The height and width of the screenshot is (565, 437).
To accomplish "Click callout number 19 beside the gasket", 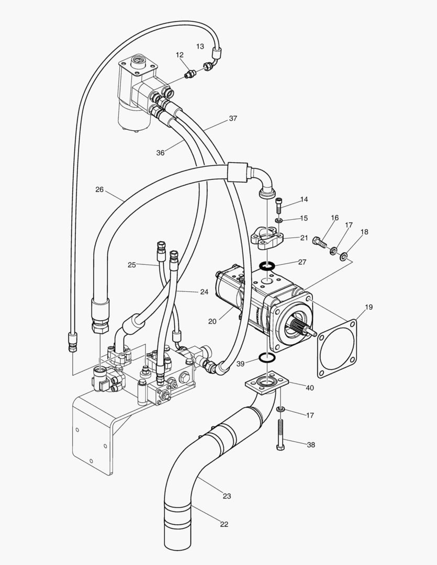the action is pyautogui.click(x=368, y=308).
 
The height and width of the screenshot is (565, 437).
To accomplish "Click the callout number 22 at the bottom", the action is pyautogui.click(x=225, y=524).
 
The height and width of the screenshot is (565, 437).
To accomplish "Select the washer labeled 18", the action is pyautogui.click(x=344, y=256).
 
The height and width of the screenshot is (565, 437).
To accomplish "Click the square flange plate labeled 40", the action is pyautogui.click(x=267, y=385).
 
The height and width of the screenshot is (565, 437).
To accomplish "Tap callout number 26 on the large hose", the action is pyautogui.click(x=99, y=189).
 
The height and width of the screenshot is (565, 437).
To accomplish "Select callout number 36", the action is pyautogui.click(x=161, y=153).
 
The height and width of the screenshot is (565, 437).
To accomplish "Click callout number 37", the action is pyautogui.click(x=233, y=118).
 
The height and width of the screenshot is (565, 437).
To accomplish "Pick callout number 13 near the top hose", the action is pyautogui.click(x=200, y=46).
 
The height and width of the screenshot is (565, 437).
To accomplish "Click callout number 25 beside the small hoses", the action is pyautogui.click(x=132, y=265).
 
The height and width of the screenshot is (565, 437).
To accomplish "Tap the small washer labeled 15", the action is pyautogui.click(x=279, y=220).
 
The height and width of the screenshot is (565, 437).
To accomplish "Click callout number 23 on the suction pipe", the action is pyautogui.click(x=227, y=496).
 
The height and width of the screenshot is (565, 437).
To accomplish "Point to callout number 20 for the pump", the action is pyautogui.click(x=212, y=321).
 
